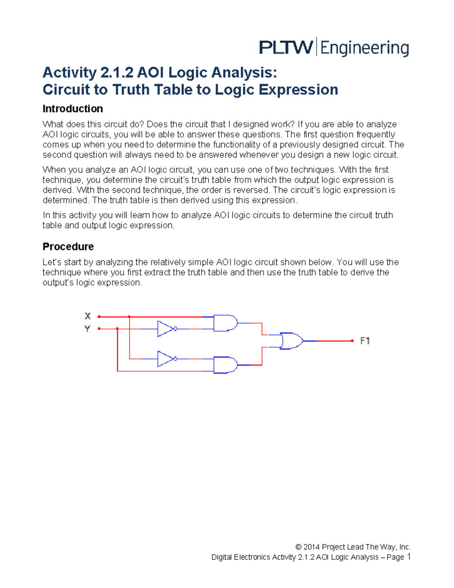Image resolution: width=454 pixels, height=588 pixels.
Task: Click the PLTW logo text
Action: pos(286,48)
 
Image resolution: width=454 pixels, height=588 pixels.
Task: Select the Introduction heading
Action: pos(73,109)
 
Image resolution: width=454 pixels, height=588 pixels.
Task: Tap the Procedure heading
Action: pos(68,246)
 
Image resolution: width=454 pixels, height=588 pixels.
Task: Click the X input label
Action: pos(87,316)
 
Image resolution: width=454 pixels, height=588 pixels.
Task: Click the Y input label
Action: pos(87,329)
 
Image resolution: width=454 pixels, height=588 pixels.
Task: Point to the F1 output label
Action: pos(365,341)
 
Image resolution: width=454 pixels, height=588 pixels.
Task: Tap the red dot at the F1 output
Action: pos(352,341)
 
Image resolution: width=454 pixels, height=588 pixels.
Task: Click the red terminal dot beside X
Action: pos(99,317)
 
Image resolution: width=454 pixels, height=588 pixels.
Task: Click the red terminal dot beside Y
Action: pos(99,329)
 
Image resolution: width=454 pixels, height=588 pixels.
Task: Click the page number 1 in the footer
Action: pos(408,557)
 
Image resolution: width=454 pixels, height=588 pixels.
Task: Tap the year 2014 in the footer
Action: pos(311,547)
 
